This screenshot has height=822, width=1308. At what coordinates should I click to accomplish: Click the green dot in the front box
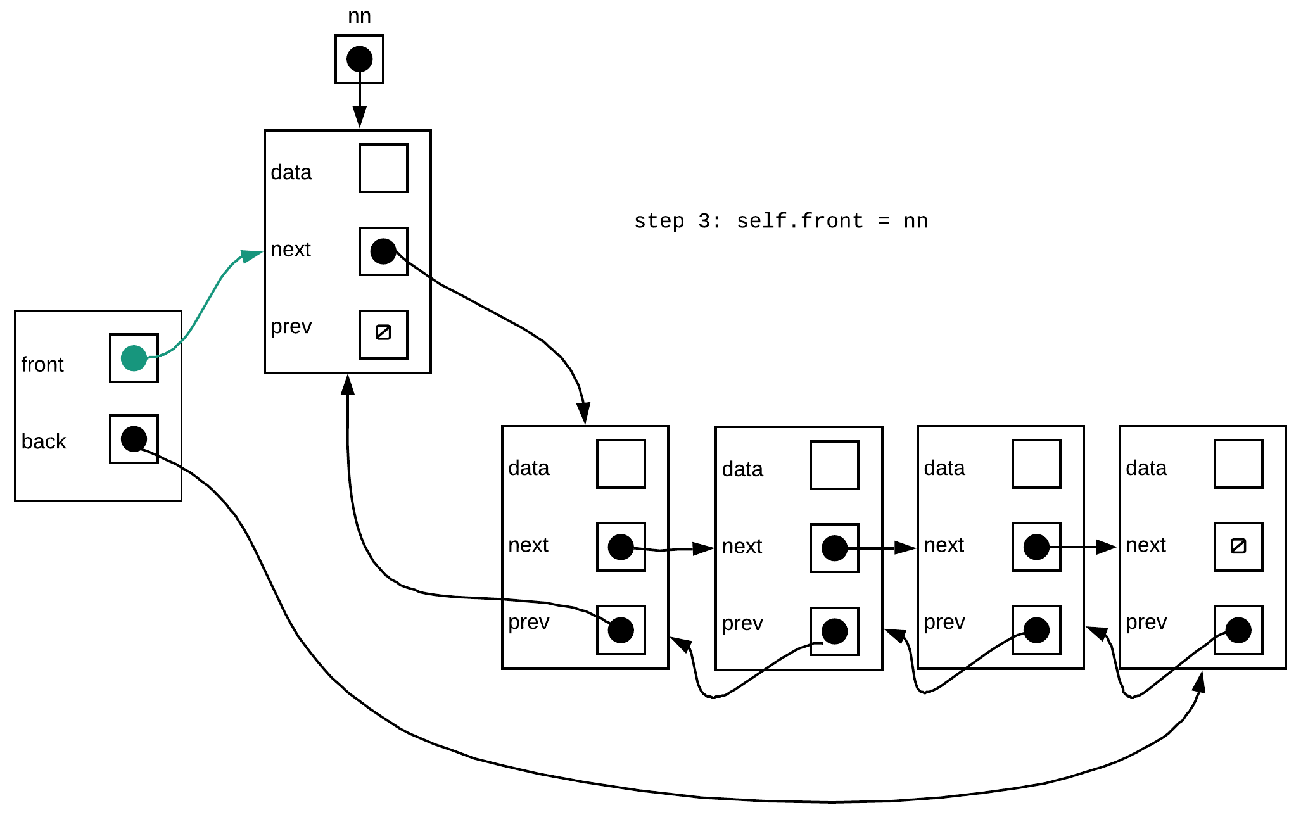134,358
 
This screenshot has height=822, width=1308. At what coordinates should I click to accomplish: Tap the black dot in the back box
134,439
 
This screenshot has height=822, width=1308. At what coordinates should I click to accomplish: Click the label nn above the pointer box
359,16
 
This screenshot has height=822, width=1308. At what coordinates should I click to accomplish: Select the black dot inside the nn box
359,59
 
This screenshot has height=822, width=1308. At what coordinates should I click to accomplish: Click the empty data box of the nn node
383,168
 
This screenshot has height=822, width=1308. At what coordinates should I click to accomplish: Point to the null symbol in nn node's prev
383,332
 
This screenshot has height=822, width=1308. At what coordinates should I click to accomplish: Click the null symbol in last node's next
1238,546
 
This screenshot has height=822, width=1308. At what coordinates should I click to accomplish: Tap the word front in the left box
42,365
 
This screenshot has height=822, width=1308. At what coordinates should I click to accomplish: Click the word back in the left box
44,441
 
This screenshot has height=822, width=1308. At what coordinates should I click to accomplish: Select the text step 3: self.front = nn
780,221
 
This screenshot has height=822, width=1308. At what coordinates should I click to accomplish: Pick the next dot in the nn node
383,251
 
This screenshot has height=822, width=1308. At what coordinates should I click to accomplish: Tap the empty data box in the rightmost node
1238,464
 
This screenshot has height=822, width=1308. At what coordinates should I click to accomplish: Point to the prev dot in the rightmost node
1238,630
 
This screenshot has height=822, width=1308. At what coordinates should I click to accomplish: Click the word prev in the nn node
291,327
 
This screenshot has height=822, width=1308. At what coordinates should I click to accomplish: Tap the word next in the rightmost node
1146,545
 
